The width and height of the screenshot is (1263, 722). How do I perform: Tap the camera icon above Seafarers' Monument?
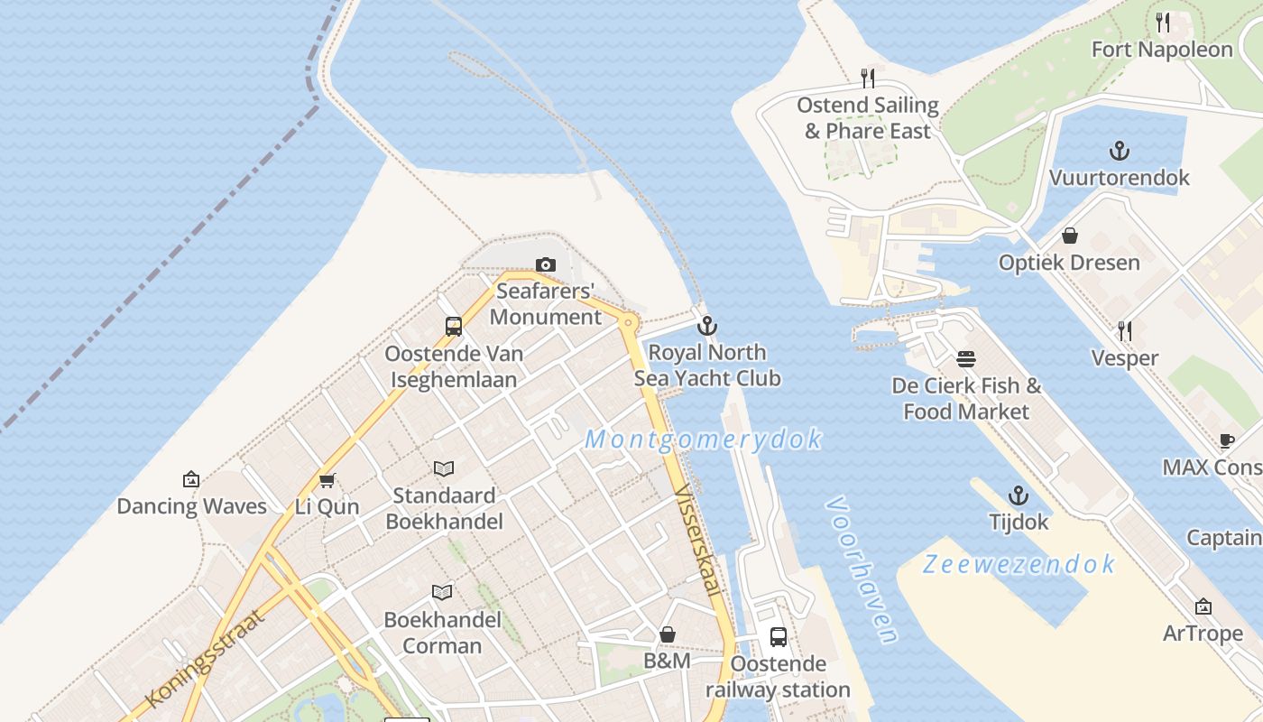click(545, 264)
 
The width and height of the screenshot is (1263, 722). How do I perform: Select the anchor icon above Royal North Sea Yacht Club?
click(707, 326)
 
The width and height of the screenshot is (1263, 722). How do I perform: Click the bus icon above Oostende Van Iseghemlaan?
click(454, 327)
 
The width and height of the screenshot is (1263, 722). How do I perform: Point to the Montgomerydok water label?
click(703, 440)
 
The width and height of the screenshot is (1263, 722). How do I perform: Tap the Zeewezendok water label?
click(1019, 564)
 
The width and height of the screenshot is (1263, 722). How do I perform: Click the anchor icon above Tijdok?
click(1019, 495)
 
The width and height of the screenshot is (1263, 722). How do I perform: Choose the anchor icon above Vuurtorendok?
click(1120, 151)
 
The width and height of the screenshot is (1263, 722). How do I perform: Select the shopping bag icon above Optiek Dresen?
click(1069, 236)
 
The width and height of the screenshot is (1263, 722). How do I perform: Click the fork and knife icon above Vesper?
click(1124, 331)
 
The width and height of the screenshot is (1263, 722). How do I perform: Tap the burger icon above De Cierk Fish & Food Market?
click(966, 359)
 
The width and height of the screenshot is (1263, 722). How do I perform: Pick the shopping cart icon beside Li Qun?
click(327, 480)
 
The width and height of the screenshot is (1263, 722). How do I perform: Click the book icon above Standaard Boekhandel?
click(443, 468)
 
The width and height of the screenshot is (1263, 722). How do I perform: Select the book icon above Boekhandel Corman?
click(442, 592)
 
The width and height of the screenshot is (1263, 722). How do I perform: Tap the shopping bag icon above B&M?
click(668, 634)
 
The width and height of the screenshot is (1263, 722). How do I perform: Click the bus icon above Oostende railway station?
click(778, 637)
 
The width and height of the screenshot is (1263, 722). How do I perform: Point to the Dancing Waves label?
click(192, 506)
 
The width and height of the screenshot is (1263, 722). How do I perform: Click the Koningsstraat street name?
click(206, 658)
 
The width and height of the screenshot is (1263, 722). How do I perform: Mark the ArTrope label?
click(1203, 633)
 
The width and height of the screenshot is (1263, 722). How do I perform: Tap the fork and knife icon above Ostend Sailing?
click(868, 79)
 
